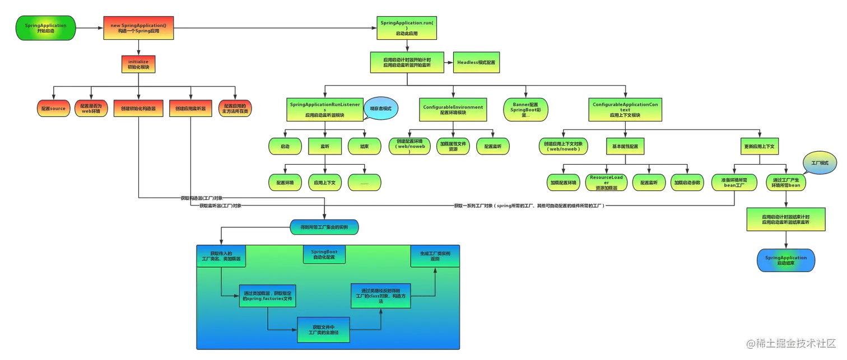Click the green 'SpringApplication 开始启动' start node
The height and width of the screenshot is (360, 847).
(46, 29)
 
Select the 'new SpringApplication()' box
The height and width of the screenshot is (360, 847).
(138, 29)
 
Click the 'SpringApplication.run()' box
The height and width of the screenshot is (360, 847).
(407, 29)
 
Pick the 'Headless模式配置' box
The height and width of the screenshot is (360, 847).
(476, 62)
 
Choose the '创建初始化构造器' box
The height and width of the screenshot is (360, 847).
(138, 108)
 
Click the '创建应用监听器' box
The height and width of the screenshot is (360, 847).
(190, 108)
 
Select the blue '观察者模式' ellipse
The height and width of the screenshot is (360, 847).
(381, 108)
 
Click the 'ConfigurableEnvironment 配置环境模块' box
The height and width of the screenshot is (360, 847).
(453, 109)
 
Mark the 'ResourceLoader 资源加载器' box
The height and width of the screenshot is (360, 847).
(606, 183)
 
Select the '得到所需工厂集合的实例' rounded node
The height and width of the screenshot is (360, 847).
(324, 227)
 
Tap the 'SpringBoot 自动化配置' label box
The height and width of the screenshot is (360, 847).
(324, 254)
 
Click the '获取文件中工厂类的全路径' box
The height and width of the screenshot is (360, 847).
(323, 330)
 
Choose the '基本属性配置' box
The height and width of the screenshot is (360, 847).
(625, 146)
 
